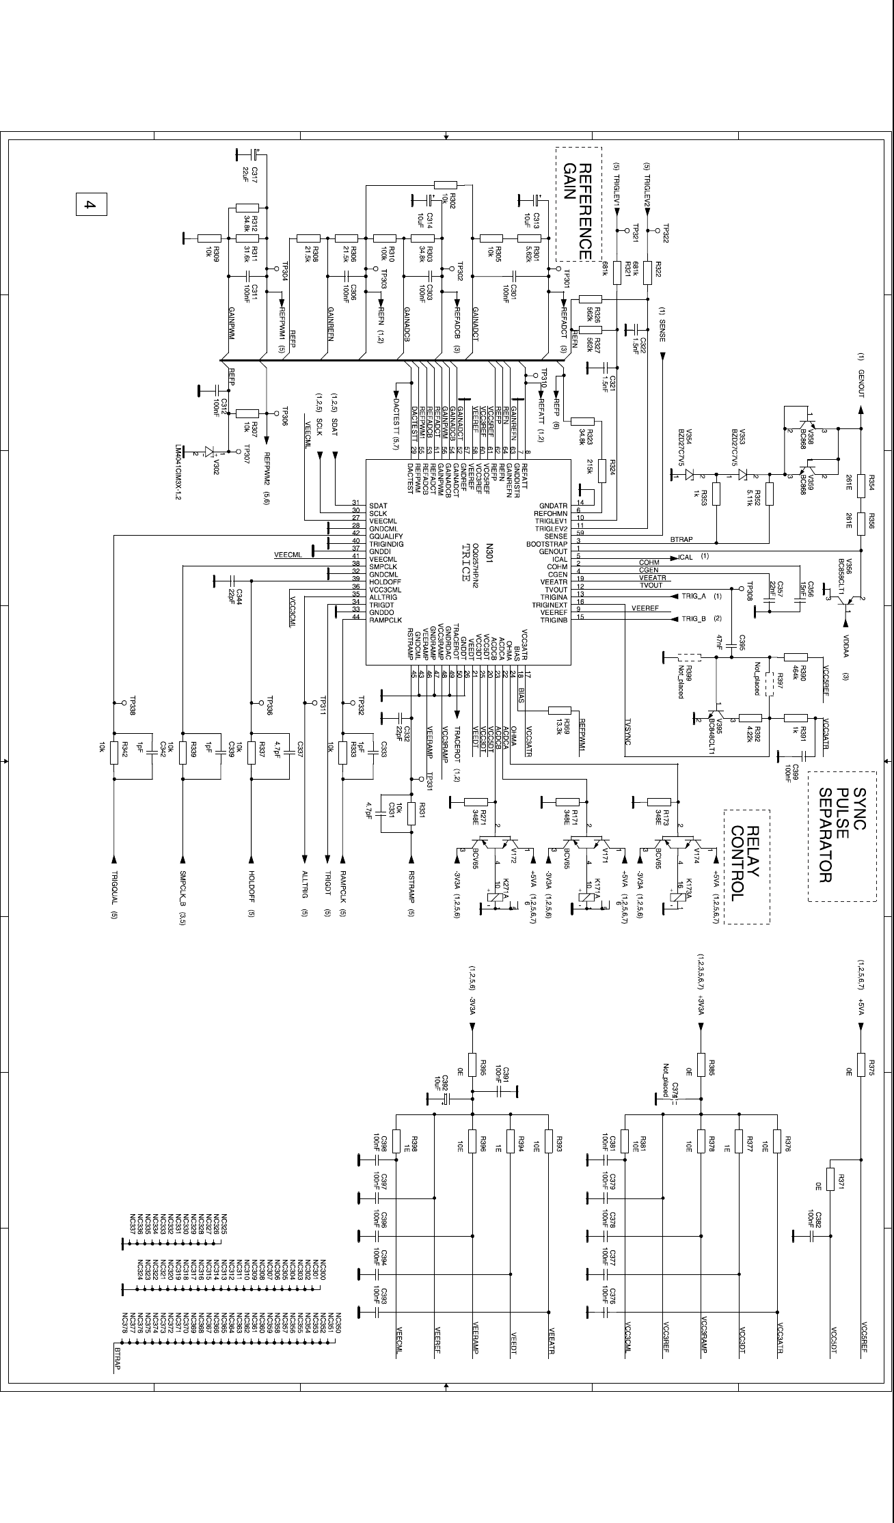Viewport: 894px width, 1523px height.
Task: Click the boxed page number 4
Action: [x=91, y=204]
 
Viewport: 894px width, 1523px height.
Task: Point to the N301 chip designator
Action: [x=489, y=553]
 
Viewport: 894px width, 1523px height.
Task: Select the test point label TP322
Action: [x=665, y=234]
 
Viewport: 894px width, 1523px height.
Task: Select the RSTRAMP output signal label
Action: [x=411, y=885]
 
